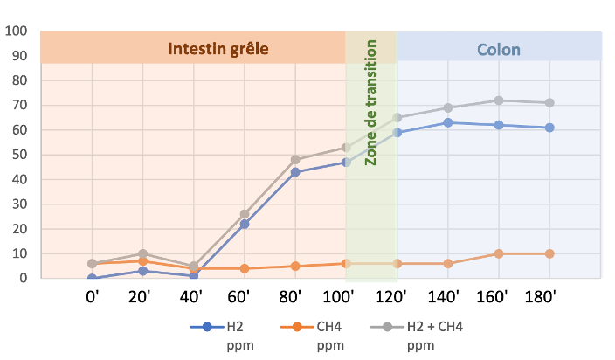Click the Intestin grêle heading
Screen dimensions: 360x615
tap(218, 48)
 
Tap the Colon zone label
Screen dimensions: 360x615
tap(499, 49)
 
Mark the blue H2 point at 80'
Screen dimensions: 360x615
tap(295, 172)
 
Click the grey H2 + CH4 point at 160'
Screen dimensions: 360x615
tap(499, 100)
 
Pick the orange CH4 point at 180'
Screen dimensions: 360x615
tap(549, 253)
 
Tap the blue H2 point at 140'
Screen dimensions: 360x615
tap(448, 122)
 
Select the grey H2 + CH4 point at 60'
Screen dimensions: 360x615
tap(245, 214)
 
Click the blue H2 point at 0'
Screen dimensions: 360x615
tap(93, 278)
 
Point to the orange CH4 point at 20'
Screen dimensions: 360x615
tap(143, 261)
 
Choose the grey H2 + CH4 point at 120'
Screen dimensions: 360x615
tap(397, 118)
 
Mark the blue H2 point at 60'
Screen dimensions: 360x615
tap(245, 224)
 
